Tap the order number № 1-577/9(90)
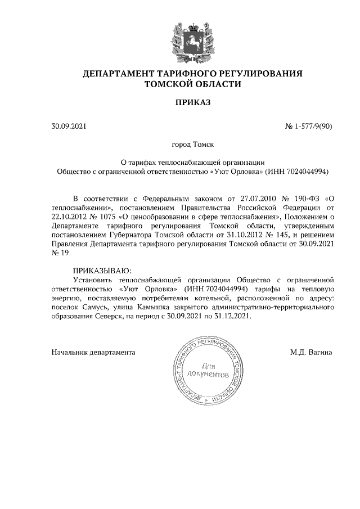309,127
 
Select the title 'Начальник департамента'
93,353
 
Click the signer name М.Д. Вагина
311,353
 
